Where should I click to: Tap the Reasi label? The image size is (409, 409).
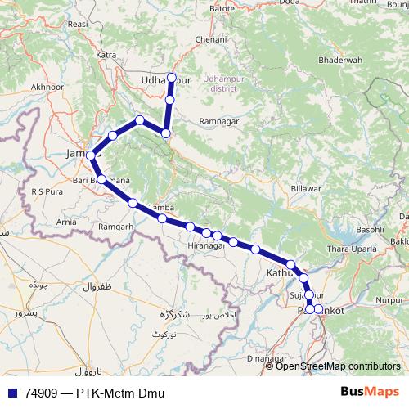79,25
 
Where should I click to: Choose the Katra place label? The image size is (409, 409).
106,55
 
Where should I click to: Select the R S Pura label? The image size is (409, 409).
47,191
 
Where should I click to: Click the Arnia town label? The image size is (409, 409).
67,222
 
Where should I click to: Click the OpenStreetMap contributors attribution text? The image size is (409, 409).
338,366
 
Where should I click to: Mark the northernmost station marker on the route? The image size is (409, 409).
171,78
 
